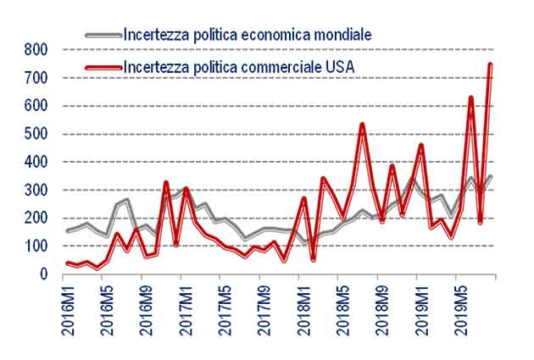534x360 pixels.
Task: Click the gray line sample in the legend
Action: tap(104, 35)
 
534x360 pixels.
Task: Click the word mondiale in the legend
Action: tap(341, 35)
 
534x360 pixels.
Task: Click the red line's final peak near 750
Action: tap(491, 65)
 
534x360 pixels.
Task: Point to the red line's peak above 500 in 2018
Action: tap(362, 125)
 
